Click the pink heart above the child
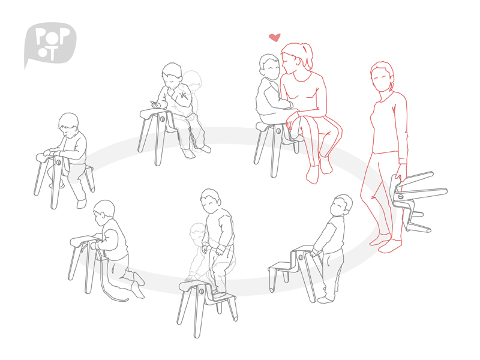[275, 37]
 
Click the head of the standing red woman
[382, 77]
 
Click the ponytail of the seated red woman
[308, 56]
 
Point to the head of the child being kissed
[269, 66]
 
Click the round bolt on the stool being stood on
[202, 291]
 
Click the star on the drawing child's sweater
[184, 95]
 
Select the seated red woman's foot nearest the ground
[312, 175]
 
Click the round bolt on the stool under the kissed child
[278, 131]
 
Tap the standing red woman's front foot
[389, 246]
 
